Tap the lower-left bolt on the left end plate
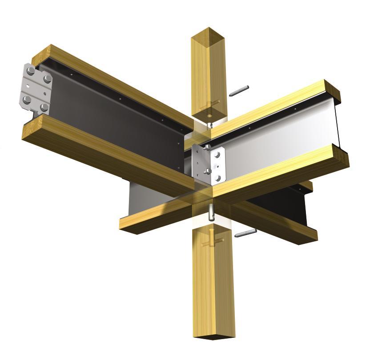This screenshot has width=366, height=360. click(28, 99)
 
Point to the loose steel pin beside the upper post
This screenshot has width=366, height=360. click(238, 91)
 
